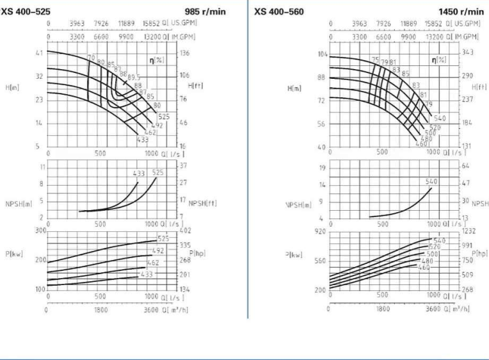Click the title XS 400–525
tap(26, 12)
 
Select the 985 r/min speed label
tap(205, 12)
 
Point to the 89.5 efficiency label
tap(134, 78)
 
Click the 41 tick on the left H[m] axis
tap(39, 53)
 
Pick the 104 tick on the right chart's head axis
tap(322, 54)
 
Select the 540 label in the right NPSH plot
tap(431, 182)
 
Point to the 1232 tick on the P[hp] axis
tap(470, 231)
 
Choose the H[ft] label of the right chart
tap(479, 86)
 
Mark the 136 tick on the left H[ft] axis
tap(186, 53)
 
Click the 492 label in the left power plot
tap(159, 251)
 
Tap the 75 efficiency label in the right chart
tap(376, 59)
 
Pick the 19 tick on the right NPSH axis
tap(323, 168)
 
